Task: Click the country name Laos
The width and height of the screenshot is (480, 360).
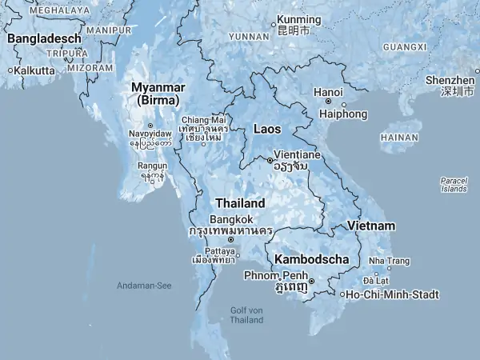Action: [x=266, y=128]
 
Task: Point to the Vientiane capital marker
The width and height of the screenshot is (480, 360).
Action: [x=270, y=160]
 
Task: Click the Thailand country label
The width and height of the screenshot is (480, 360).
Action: [x=239, y=203]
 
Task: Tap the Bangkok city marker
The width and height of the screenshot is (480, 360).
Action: [x=231, y=239]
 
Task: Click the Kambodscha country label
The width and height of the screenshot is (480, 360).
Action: [x=311, y=259]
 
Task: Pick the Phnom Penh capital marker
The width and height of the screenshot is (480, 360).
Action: [x=311, y=280]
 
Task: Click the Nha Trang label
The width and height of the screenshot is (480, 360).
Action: [x=388, y=261]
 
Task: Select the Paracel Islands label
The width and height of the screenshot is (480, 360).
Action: [x=454, y=185]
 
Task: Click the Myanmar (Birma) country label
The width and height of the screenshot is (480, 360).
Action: [x=158, y=93]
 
